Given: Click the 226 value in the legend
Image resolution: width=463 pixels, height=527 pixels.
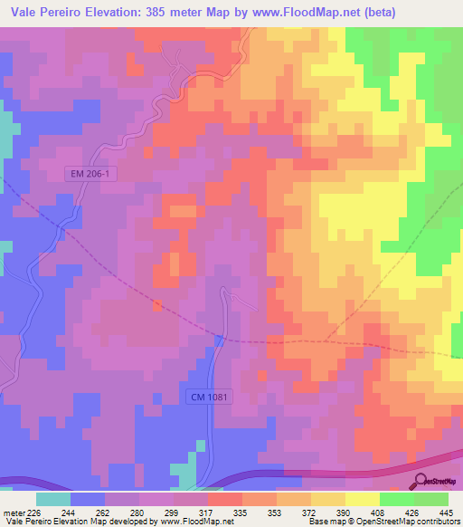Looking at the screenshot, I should pos(32,511).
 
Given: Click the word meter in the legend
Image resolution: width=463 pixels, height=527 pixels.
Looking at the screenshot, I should pos(12,511).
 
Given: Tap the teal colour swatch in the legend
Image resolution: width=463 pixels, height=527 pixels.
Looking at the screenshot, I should pos(53,498).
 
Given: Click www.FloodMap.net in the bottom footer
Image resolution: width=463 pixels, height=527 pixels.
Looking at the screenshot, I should pos(192,522).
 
